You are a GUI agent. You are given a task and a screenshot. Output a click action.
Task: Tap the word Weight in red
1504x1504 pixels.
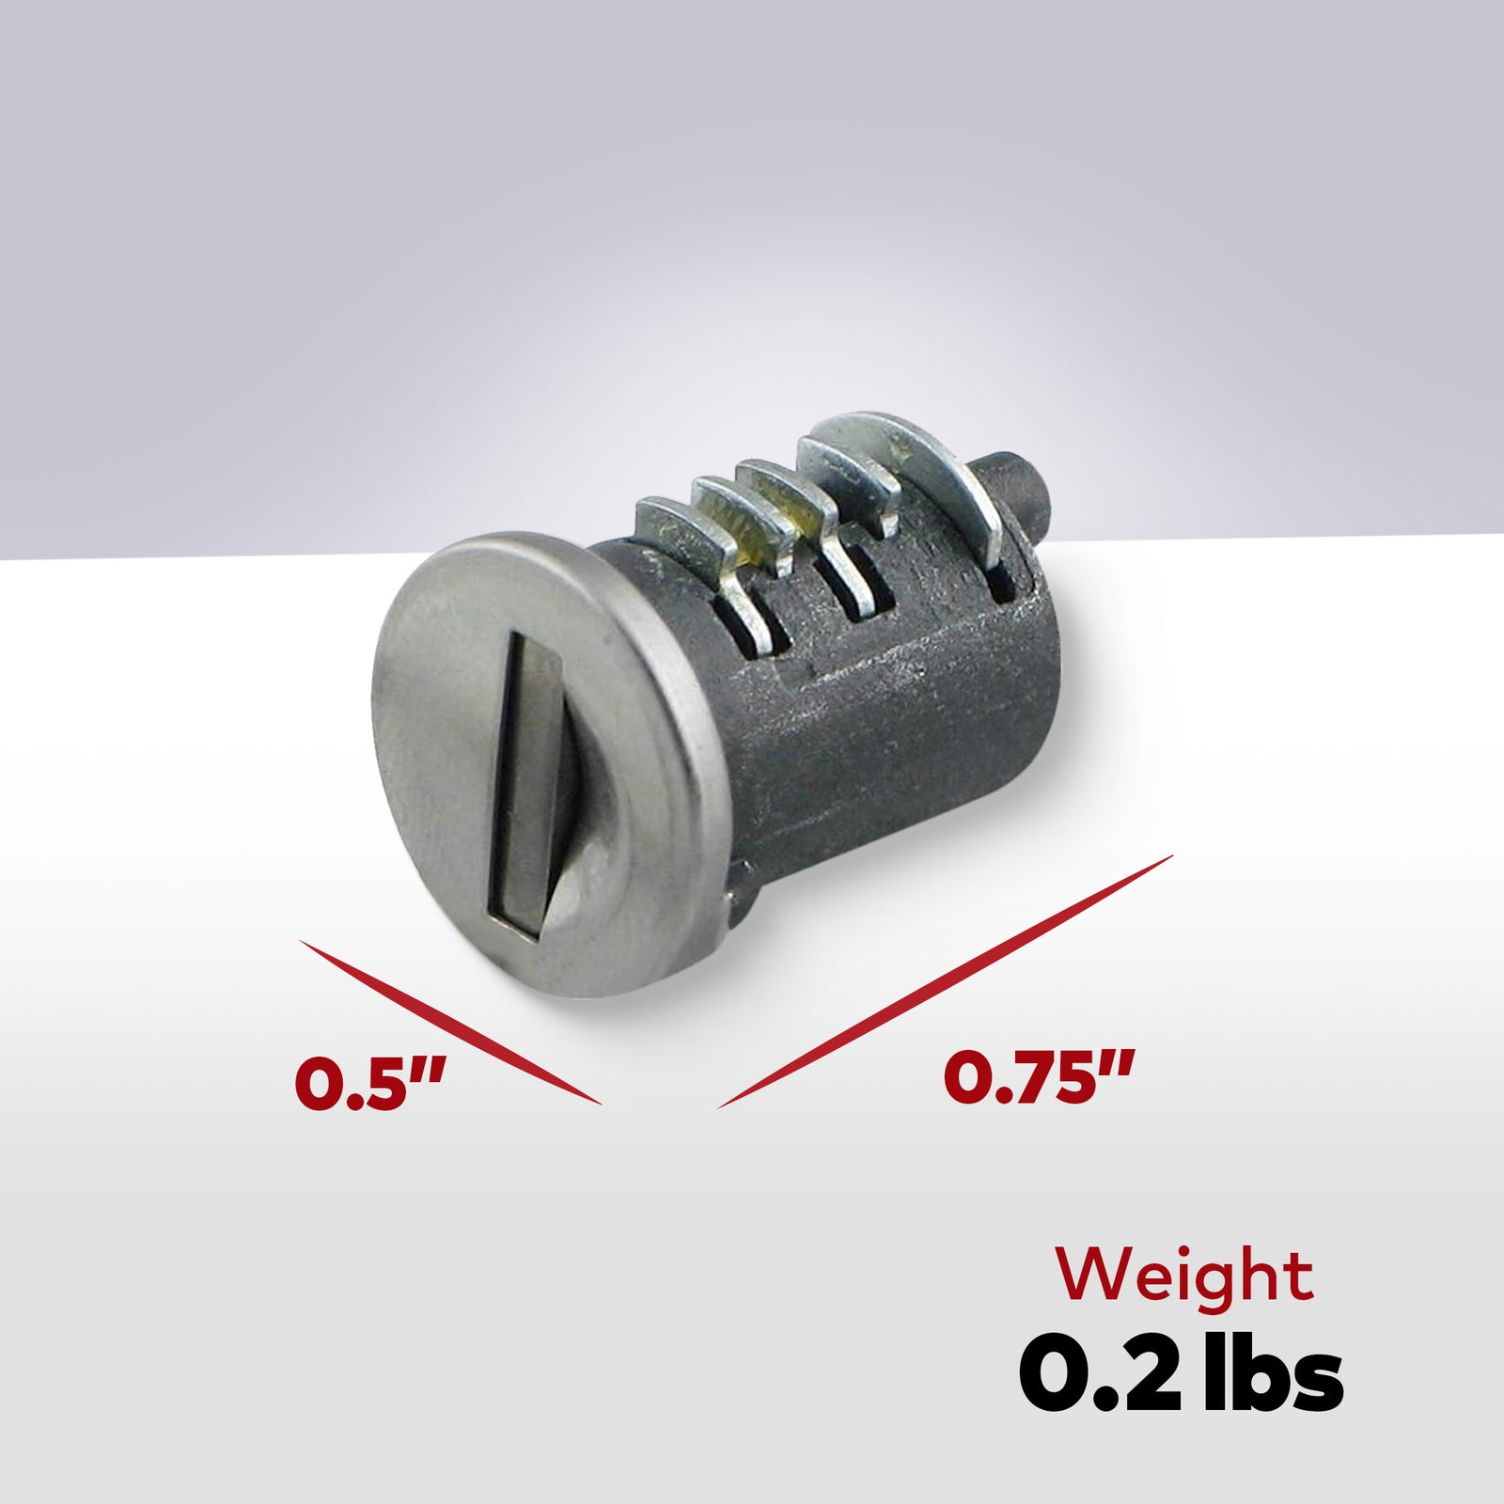point(1183,1276)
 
